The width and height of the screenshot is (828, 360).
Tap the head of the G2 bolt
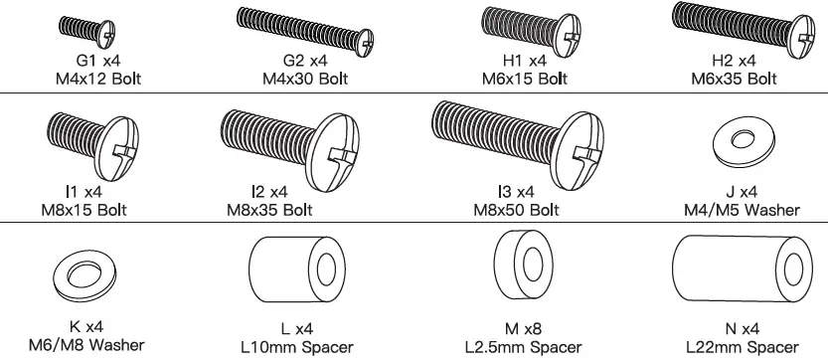[364, 43]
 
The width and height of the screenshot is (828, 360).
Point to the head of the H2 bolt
[800, 37]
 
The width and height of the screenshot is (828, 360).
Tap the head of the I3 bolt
[580, 150]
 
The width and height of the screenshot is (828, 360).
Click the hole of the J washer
[743, 139]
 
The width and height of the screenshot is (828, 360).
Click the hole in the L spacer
[326, 269]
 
